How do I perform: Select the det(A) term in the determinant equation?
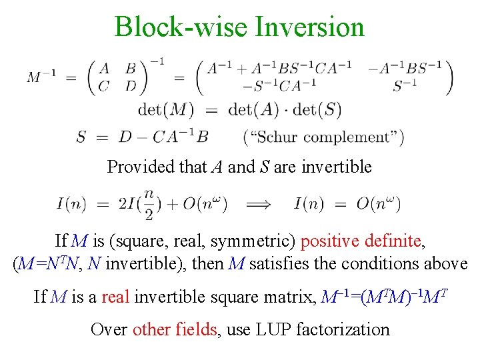(x=254, y=109)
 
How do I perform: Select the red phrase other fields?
(x=175, y=329)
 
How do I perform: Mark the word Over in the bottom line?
(x=109, y=329)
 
